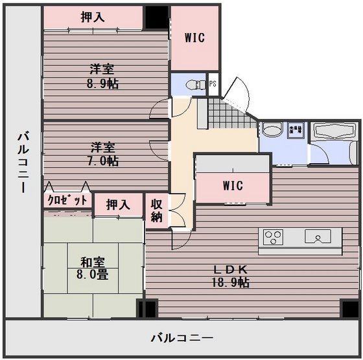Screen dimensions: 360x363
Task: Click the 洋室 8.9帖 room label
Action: tap(104, 76)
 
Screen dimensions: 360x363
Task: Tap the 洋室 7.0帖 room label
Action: tap(104, 153)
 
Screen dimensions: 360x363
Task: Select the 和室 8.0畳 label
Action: tap(93, 267)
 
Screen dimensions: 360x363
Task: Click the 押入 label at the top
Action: tap(93, 17)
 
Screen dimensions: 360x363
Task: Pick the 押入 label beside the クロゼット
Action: tap(118, 205)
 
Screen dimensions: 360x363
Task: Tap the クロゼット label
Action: tap(67, 201)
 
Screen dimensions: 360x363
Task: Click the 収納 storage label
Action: tap(156, 210)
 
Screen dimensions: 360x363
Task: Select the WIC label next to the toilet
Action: tap(194, 38)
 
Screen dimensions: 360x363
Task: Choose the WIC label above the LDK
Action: tap(232, 186)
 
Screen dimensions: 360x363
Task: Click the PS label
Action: tap(213, 84)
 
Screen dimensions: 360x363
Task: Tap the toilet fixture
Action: tap(192, 84)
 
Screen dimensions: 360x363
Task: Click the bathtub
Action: tap(335, 133)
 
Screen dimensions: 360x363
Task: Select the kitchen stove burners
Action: tap(272, 236)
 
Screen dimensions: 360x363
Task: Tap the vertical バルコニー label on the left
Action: tap(22, 162)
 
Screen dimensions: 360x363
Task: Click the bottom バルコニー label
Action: tap(181, 338)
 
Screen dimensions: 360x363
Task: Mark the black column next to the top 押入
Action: tap(156, 17)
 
